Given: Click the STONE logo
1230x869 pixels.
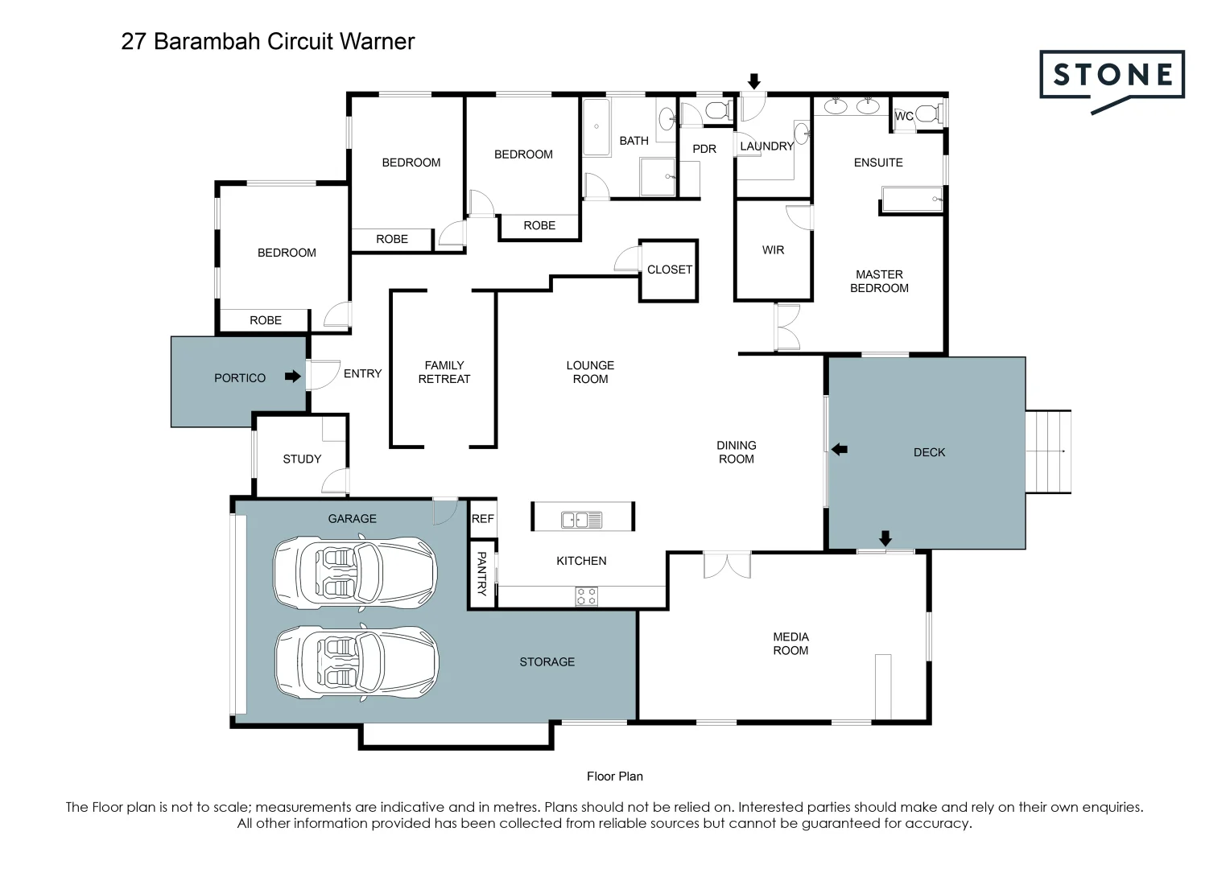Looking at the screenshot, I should (1112, 76).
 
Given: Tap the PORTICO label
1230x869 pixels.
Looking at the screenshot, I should (240, 378).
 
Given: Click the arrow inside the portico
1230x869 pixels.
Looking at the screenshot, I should (292, 377).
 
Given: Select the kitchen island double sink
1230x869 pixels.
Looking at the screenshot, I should (581, 521).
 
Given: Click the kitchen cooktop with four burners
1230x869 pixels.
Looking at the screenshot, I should (586, 596).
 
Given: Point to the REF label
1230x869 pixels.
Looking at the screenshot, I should (483, 519).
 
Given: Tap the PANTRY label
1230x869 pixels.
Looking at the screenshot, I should (481, 573).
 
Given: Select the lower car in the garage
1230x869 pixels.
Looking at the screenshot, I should (356, 662).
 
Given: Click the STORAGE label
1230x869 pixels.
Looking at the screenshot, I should (547, 662).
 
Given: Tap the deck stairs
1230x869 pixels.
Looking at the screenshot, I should (1049, 451).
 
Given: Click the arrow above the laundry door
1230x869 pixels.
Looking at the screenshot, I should (754, 80).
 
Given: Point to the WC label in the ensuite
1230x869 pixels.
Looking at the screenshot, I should (904, 117).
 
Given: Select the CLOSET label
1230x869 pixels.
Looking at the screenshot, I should (669, 270).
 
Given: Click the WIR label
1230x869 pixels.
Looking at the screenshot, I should (773, 250).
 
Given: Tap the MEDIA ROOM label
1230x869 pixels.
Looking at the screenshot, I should (790, 644).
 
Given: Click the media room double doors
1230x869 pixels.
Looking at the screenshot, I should (727, 565).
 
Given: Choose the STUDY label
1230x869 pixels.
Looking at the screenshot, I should (302, 459).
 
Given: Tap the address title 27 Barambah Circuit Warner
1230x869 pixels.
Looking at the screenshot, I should (268, 42).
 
